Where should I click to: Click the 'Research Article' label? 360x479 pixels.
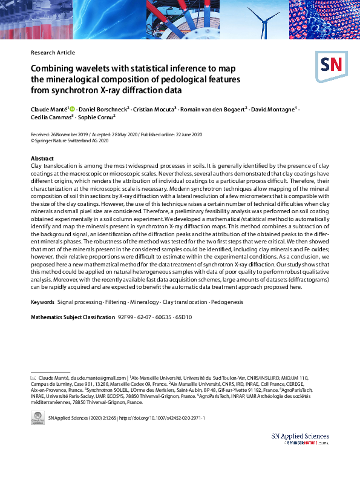coord(53,53)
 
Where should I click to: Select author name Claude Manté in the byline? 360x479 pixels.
coord(50,109)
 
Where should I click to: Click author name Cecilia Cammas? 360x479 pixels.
coord(51,118)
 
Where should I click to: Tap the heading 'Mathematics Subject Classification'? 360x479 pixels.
coord(72,317)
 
